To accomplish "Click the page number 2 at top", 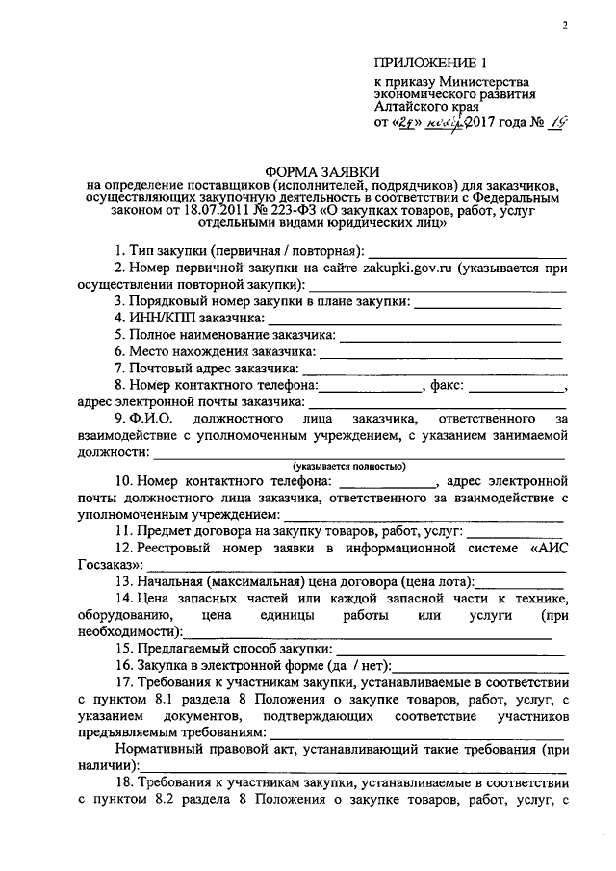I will pos(567,27).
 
